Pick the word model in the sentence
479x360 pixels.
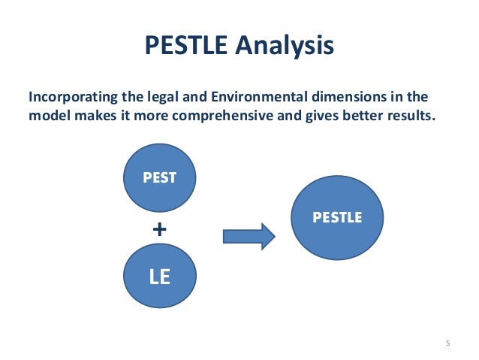coord(47,118)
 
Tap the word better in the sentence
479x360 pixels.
coord(358,118)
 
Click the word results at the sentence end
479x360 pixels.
coord(410,118)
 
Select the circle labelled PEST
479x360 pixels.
coord(159,178)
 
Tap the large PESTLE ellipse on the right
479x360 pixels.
coord(337,218)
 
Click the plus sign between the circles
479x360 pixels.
coord(158,229)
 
